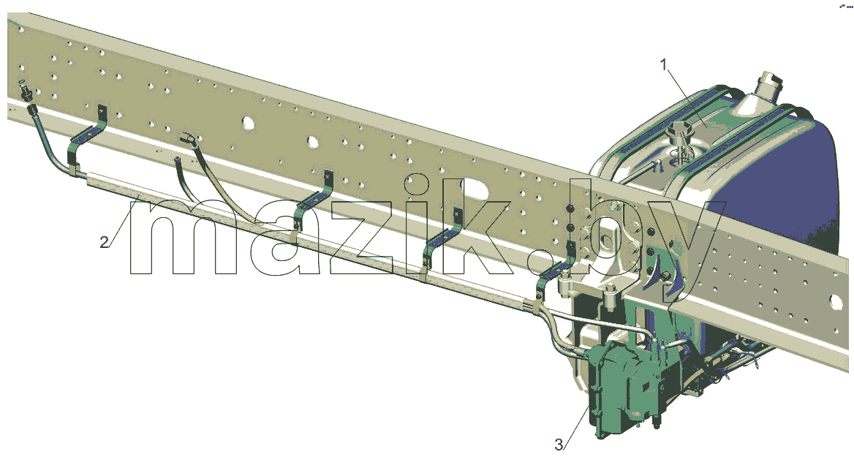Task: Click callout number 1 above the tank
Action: pos(663,65)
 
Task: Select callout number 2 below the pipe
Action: pos(104,242)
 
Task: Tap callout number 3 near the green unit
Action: pos(559,445)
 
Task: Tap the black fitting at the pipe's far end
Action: pos(26,94)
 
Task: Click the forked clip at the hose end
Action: pos(188,138)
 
